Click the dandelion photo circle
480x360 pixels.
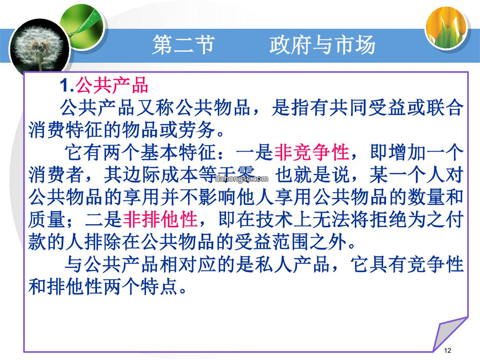40,49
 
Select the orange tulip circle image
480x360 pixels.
447,28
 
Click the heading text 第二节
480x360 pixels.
184,45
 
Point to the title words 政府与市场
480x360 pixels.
322,45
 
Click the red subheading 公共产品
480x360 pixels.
112,85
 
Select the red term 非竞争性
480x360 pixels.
312,152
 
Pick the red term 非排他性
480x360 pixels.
160,220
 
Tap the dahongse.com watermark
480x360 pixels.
242,179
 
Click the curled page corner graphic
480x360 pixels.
450,334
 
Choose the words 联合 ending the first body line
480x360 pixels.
444,108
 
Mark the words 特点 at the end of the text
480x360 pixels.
159,287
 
